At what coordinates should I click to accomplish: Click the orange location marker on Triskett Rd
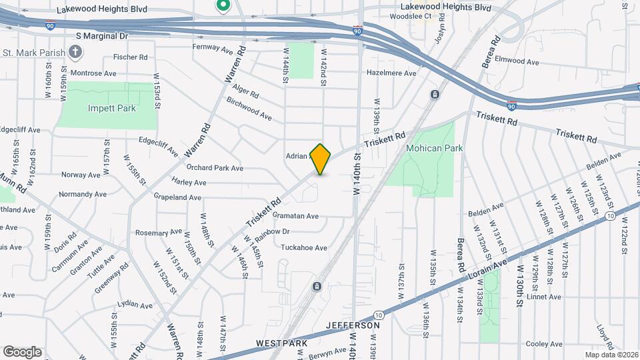click(x=321, y=159)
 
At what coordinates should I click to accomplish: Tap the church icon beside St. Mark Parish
click(x=76, y=52)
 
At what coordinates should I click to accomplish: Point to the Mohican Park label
click(x=434, y=147)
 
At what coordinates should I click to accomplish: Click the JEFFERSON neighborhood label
click(x=353, y=325)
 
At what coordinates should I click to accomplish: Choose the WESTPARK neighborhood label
click(x=281, y=343)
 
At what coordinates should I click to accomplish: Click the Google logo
click(x=22, y=351)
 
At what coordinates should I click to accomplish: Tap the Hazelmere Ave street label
click(x=391, y=73)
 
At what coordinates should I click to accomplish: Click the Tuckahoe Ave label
click(x=303, y=247)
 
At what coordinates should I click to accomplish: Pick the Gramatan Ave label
click(x=295, y=216)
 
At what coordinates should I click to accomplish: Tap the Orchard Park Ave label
click(x=215, y=168)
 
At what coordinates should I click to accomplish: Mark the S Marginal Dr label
click(x=101, y=35)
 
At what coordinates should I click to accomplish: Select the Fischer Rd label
click(x=130, y=57)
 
